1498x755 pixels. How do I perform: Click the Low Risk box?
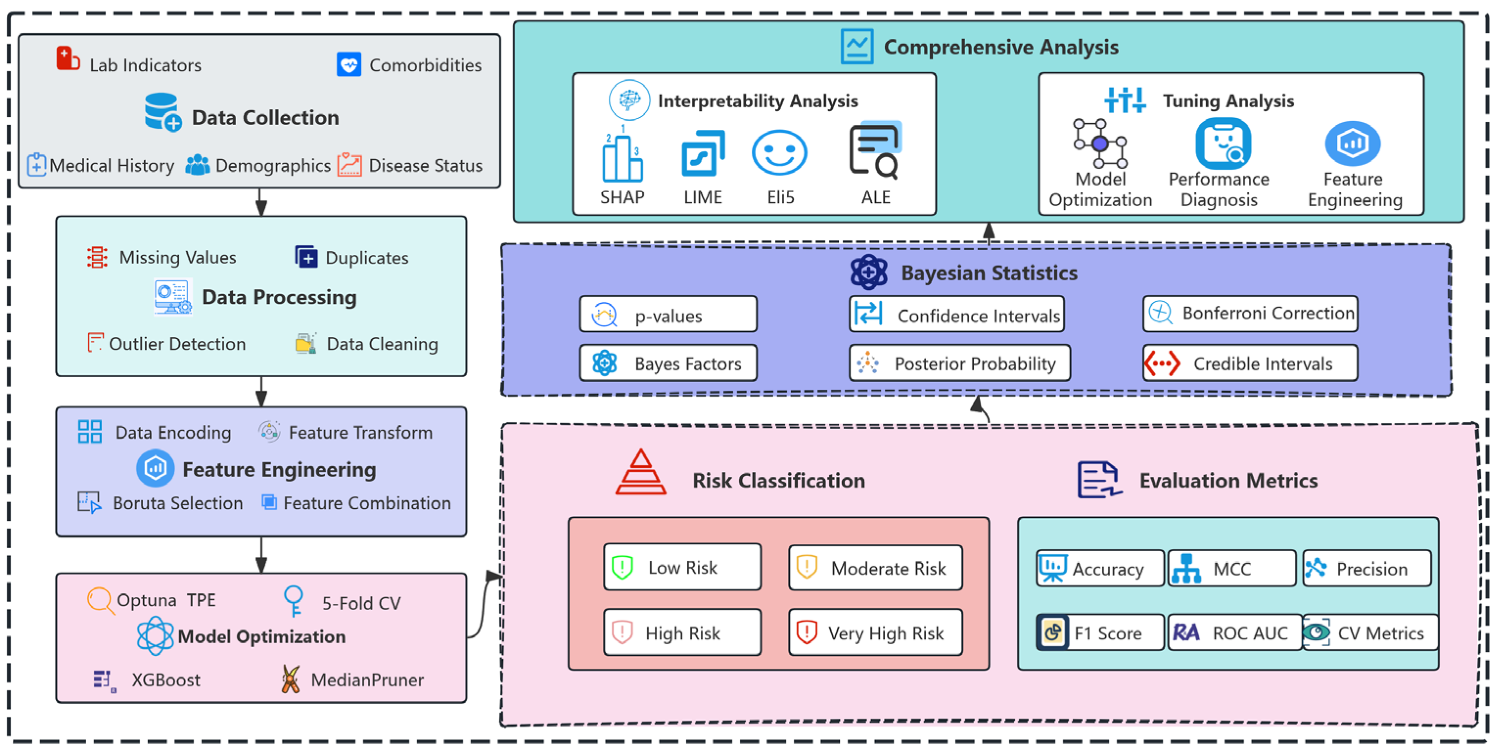pyautogui.click(x=682, y=567)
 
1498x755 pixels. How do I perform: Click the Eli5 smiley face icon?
pyautogui.click(x=779, y=152)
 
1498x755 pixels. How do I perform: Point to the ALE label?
pyautogui.click(x=875, y=197)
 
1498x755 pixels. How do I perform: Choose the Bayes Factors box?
pyautogui.click(x=668, y=364)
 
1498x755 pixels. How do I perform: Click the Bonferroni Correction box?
pyautogui.click(x=1250, y=314)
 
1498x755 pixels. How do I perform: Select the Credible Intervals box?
pyautogui.click(x=1250, y=364)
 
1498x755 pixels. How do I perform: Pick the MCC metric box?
pyautogui.click(x=1232, y=568)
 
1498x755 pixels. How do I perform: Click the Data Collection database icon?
pyautogui.click(x=162, y=112)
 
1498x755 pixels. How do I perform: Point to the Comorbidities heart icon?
pyautogui.click(x=349, y=65)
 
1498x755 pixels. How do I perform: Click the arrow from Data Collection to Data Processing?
pyautogui.click(x=261, y=202)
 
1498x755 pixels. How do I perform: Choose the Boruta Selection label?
pyautogui.click(x=177, y=503)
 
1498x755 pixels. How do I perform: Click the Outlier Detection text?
pyautogui.click(x=177, y=344)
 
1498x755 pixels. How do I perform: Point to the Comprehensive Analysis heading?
pyautogui.click(x=1000, y=47)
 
